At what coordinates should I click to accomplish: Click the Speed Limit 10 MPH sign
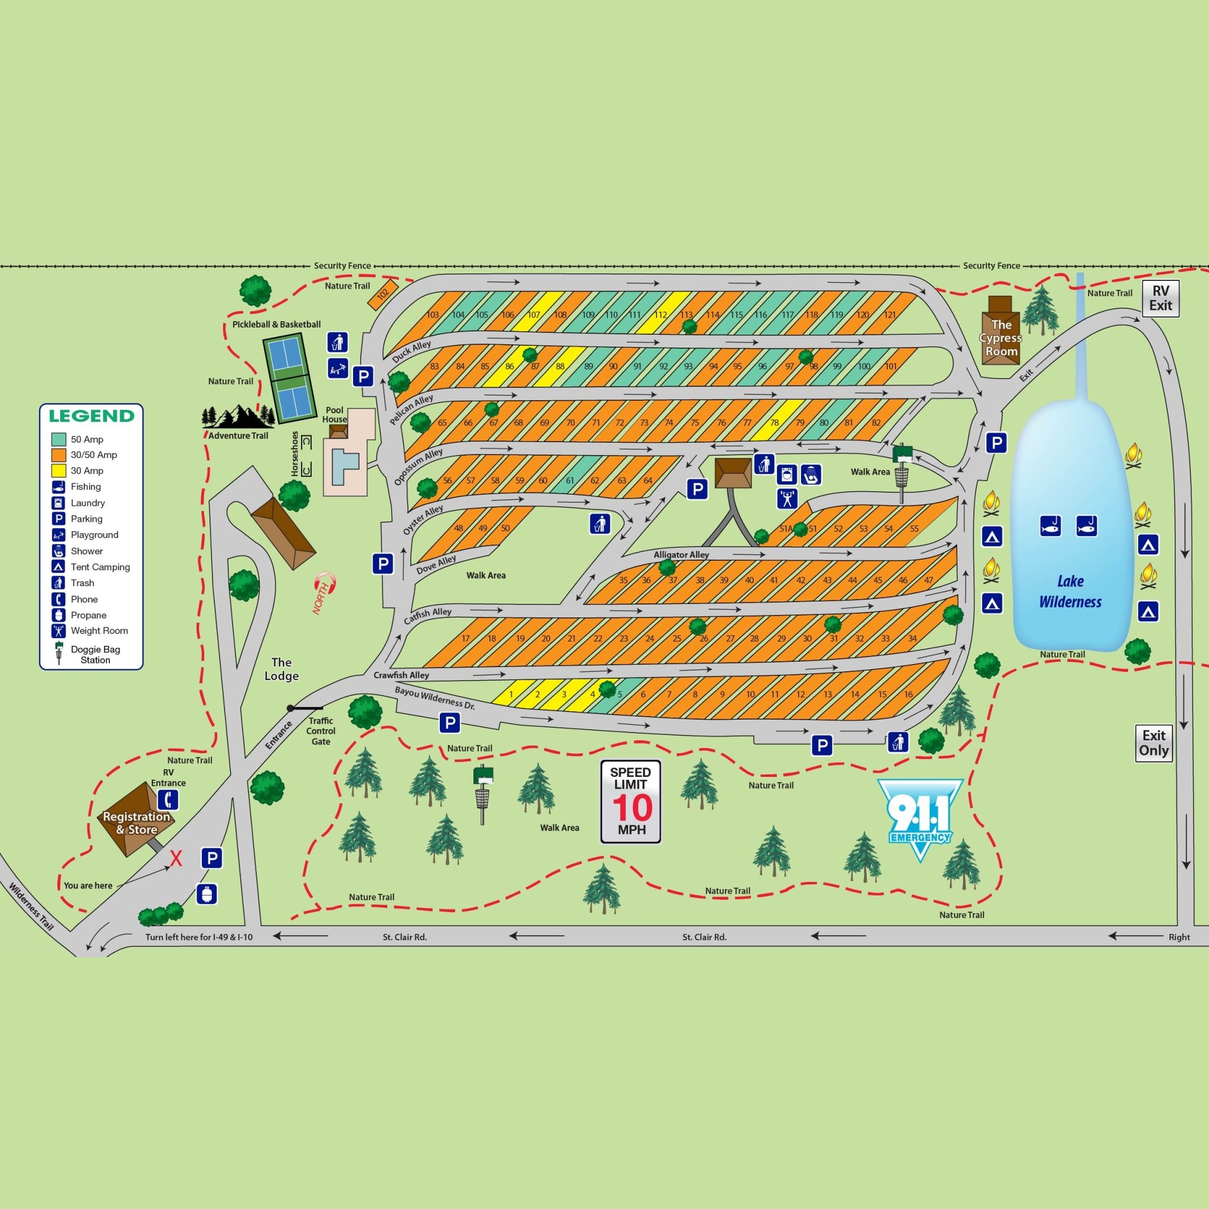click(x=631, y=802)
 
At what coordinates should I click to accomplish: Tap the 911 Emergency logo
click(x=919, y=817)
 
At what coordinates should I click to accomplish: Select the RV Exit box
click(x=1160, y=299)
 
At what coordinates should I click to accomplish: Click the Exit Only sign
click(x=1154, y=743)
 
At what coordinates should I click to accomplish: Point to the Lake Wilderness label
click(x=1070, y=592)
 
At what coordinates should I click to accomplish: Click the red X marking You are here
click(x=177, y=859)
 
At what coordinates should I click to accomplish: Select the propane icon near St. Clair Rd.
click(x=207, y=894)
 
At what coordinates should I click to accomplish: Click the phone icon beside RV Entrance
click(x=168, y=800)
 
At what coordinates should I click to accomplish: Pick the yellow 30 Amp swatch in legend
click(x=59, y=470)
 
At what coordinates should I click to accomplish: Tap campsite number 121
click(x=890, y=315)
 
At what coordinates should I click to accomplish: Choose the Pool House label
click(x=335, y=415)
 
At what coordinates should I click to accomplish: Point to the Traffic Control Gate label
click(x=321, y=731)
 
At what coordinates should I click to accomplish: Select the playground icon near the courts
click(x=337, y=368)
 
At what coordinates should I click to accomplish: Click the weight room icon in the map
click(x=788, y=498)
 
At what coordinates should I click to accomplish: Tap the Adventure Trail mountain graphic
click(x=238, y=416)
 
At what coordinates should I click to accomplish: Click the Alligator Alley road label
click(x=681, y=554)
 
